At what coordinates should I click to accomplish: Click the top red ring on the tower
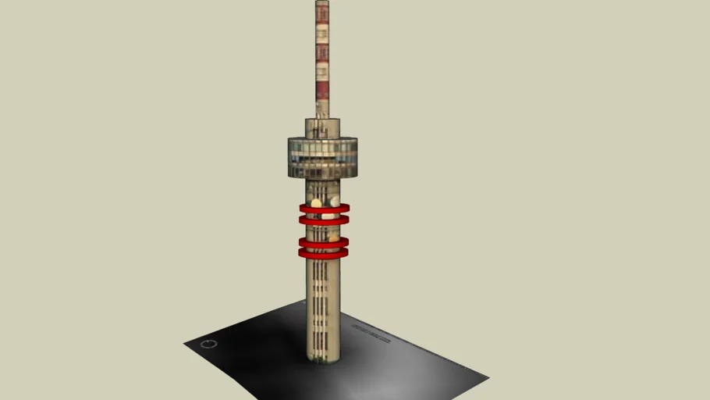tap(324, 209)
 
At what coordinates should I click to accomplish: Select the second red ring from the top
tap(324, 221)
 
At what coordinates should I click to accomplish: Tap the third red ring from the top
tap(323, 242)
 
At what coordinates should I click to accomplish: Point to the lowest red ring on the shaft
tap(323, 253)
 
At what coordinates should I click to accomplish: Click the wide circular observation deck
tap(322, 156)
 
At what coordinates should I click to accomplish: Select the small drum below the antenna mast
tap(322, 127)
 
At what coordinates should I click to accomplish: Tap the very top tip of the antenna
tap(322, 2)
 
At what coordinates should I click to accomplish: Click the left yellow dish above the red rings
tap(316, 203)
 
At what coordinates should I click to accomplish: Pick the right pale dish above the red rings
tap(335, 202)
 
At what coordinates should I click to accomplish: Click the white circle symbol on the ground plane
tap(207, 344)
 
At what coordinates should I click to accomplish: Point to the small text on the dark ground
tap(370, 333)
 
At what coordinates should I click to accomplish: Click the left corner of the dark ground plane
tap(186, 343)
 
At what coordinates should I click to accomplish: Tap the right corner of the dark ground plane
tap(487, 379)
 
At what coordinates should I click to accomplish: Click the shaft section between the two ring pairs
tap(321, 231)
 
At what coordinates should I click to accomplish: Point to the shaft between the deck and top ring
tap(322, 190)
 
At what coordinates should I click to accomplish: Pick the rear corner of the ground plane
tap(304, 301)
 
